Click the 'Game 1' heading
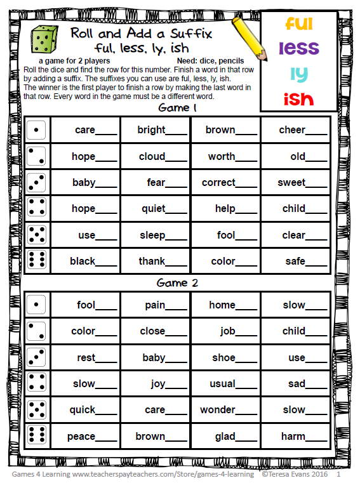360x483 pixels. (178, 108)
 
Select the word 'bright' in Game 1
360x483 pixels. (152, 130)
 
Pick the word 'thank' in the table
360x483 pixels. (152, 261)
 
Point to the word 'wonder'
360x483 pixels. (218, 410)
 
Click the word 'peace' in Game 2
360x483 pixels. (81, 437)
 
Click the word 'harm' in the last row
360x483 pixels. (295, 437)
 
